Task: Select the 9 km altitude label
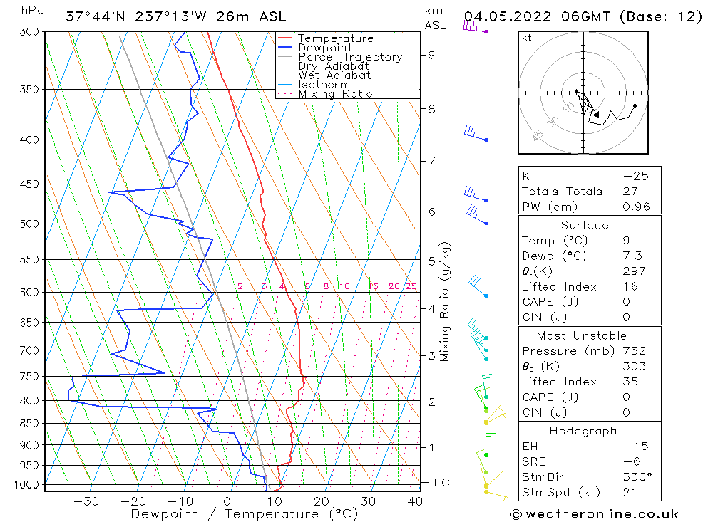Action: click(432, 55)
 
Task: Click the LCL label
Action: click(444, 483)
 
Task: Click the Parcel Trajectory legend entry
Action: click(350, 57)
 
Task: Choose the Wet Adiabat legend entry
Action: click(334, 75)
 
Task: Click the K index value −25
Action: click(635, 176)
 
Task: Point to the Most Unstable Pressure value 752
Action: click(634, 351)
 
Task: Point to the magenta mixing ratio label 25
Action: click(411, 286)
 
